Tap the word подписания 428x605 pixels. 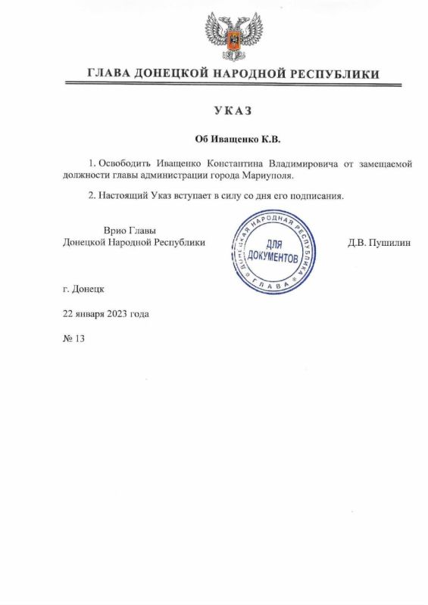pos(317,197)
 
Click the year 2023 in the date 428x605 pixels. pos(124,313)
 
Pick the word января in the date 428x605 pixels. pos(94,313)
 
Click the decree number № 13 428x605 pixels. pos(73,338)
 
